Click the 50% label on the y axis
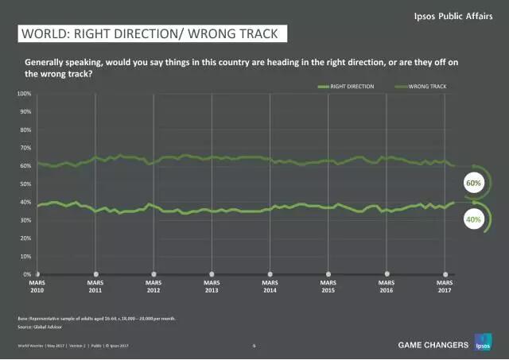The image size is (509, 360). [x=25, y=184]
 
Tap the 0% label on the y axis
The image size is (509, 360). [x=26, y=274]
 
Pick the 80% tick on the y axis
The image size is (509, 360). [x=25, y=130]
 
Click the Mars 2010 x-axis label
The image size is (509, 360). [x=37, y=286]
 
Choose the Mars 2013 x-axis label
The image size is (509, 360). [x=212, y=286]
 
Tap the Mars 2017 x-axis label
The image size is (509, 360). [x=445, y=286]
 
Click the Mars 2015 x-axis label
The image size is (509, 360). [x=328, y=286]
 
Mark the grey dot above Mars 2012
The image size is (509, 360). [x=153, y=274]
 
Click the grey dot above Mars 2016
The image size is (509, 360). [x=387, y=274]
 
